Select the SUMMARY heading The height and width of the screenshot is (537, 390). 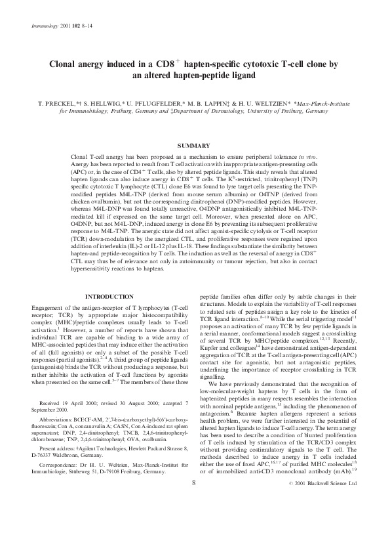[194, 145]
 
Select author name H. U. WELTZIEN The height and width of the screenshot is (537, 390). [262, 104]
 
